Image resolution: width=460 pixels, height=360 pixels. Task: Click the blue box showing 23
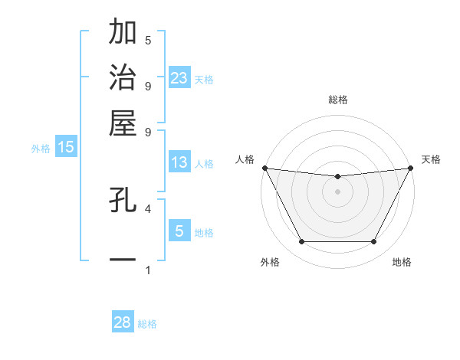pyautogui.click(x=179, y=78)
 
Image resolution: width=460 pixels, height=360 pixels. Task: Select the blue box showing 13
pyautogui.click(x=179, y=162)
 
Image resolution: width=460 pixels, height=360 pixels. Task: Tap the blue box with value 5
pyautogui.click(x=179, y=231)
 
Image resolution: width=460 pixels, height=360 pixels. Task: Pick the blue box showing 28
pyautogui.click(x=123, y=322)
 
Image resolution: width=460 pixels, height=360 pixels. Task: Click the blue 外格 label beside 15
pyautogui.click(x=40, y=149)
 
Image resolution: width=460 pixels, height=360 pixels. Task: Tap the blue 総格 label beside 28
pyautogui.click(x=147, y=324)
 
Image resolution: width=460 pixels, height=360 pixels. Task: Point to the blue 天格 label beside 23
pyautogui.click(x=204, y=79)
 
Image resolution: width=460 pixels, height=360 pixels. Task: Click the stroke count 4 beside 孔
pyautogui.click(x=148, y=208)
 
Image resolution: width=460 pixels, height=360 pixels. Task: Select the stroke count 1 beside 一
pyautogui.click(x=148, y=270)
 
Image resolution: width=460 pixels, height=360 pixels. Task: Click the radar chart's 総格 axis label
pyautogui.click(x=338, y=100)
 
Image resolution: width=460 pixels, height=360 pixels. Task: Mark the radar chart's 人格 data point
pyautogui.click(x=264, y=168)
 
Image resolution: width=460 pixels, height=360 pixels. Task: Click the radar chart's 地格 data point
pyautogui.click(x=374, y=242)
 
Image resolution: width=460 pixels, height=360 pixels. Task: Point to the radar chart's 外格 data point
pyautogui.click(x=301, y=242)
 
